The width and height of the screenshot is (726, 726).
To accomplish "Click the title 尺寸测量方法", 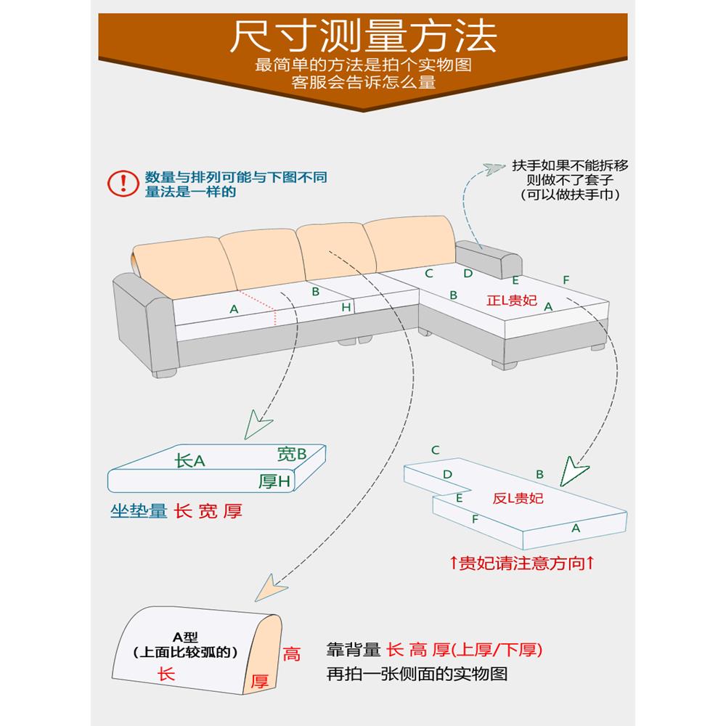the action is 362,35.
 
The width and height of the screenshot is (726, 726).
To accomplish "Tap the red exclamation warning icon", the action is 122,184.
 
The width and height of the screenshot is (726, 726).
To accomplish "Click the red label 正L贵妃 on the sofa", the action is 513,300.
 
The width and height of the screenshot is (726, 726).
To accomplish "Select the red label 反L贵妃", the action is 518,498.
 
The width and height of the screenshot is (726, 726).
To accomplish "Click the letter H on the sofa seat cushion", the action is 346,308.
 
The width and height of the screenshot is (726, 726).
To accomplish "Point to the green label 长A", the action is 191,460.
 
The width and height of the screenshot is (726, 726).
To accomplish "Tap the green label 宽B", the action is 292,454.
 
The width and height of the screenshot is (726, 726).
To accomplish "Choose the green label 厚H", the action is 275,481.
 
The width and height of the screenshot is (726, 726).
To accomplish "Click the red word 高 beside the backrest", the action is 291,654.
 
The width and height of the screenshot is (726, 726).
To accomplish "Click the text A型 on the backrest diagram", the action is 186,637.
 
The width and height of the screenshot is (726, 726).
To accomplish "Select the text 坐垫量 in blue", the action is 139,511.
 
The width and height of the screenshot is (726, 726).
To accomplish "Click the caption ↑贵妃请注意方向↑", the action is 522,563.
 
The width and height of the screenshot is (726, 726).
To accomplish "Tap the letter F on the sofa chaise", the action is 566,280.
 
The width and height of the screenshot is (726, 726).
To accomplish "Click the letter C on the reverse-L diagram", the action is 435,450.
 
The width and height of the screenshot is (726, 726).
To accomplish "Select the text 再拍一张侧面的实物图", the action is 417,674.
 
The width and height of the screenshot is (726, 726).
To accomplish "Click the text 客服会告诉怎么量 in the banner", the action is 363,82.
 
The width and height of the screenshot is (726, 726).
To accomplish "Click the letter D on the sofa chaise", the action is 468,274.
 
